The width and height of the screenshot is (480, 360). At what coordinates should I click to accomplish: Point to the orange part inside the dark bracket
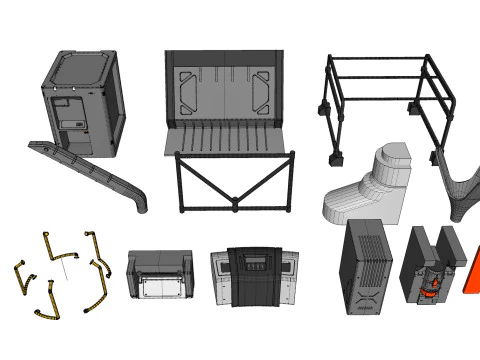(x=431, y=288)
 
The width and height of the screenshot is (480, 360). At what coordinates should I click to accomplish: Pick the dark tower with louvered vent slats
(x=364, y=267)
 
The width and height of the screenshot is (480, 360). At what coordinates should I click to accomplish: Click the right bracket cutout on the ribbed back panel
(x=263, y=89)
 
